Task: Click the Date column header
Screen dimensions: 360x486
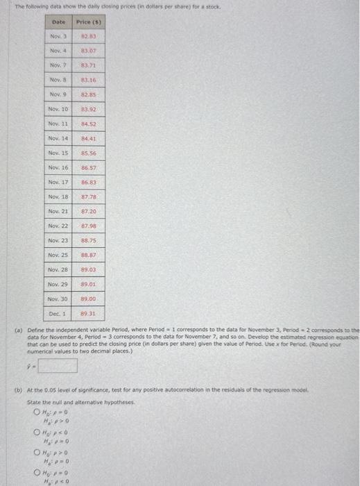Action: click(x=58, y=23)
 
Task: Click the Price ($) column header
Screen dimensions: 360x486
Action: click(x=88, y=23)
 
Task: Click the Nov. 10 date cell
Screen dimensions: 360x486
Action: click(x=58, y=109)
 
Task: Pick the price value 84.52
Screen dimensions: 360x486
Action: click(x=88, y=124)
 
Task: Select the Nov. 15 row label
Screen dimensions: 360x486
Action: click(x=58, y=153)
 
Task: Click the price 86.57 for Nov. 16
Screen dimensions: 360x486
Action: click(x=88, y=167)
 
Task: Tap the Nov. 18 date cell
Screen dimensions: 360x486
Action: click(x=58, y=196)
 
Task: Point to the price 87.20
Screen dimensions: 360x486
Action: click(x=88, y=211)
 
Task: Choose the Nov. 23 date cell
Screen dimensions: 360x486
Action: click(x=58, y=240)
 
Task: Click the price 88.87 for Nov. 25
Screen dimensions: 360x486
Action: click(x=88, y=255)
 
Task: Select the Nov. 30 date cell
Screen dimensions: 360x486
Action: click(x=58, y=299)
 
